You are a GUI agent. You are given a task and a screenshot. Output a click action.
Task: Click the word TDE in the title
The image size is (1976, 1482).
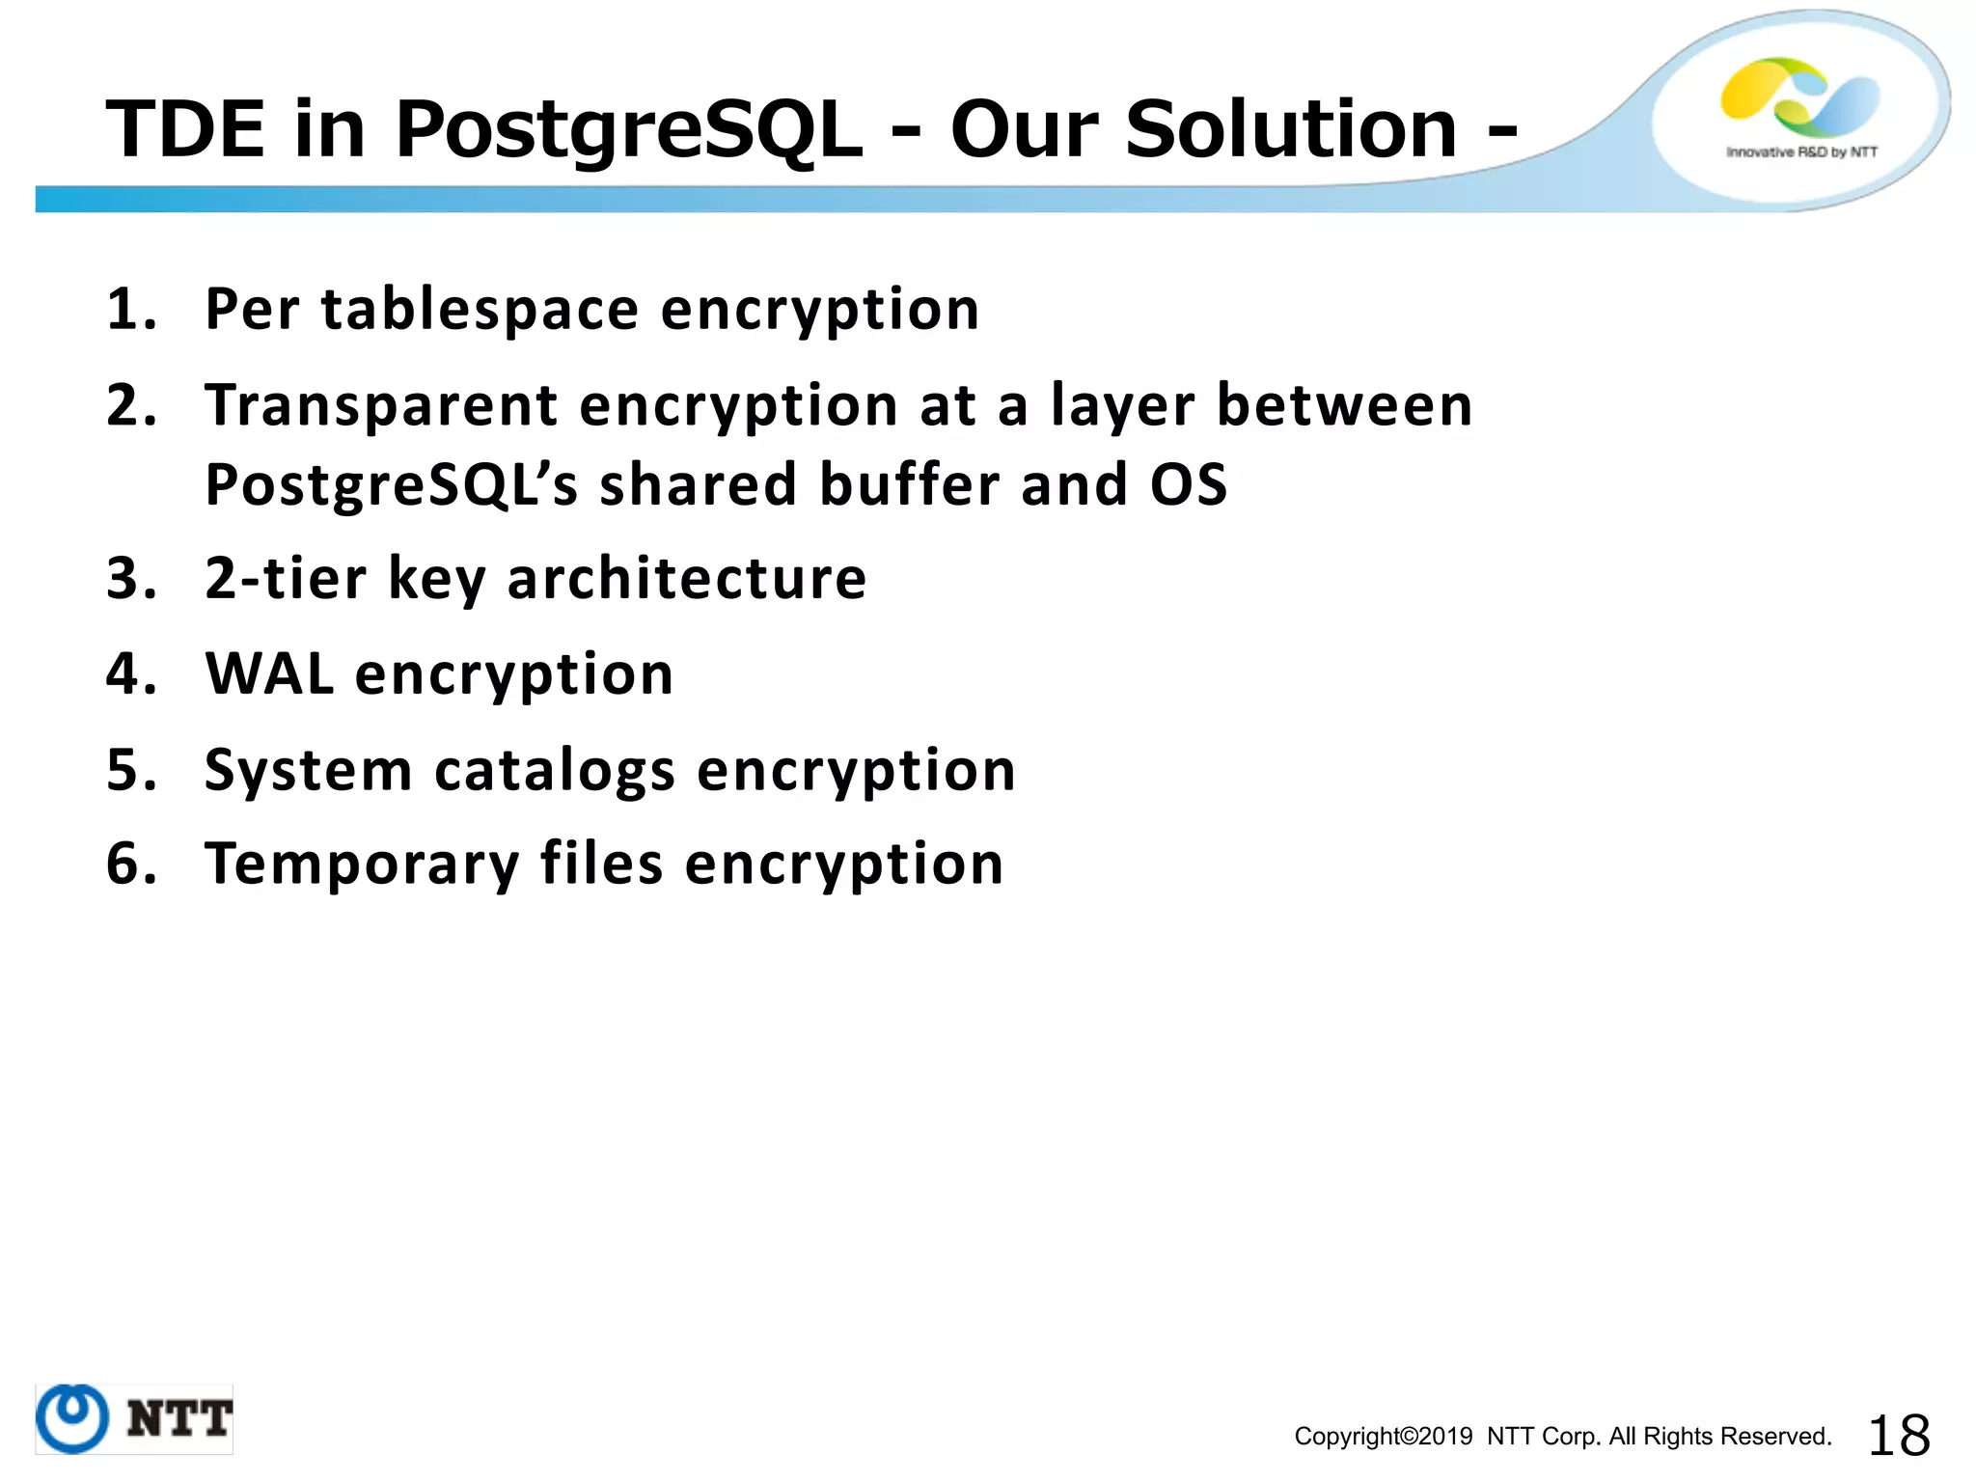(184, 129)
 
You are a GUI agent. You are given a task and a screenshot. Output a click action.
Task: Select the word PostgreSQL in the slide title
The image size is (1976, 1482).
(628, 131)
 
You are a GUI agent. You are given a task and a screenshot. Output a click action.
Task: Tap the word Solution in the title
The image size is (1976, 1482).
(1291, 129)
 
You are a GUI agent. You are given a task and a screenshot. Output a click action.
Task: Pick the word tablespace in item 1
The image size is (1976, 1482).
(480, 310)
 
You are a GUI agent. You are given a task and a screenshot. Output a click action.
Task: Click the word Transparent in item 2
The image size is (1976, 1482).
(381, 405)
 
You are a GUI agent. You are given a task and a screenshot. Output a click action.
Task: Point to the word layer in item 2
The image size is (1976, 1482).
(1122, 405)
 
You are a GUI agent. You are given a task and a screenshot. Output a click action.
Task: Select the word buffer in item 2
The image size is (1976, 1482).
(909, 483)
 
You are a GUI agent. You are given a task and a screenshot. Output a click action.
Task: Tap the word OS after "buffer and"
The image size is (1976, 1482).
(1189, 483)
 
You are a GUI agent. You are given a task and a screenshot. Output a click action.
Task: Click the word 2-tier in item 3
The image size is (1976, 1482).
(286, 578)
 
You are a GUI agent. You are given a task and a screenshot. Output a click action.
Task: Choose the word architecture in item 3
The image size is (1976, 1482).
(687, 578)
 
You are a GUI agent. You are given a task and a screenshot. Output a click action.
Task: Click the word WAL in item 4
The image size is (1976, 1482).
(270, 673)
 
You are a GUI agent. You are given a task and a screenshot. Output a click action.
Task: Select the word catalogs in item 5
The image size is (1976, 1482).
(555, 770)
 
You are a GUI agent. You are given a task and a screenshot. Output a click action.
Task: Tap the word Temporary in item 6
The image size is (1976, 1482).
(362, 864)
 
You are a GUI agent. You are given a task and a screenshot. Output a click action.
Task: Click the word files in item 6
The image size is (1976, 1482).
(601, 863)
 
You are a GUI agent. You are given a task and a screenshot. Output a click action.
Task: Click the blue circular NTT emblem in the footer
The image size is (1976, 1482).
(72, 1418)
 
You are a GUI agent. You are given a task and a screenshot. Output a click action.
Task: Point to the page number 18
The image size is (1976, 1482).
(1899, 1436)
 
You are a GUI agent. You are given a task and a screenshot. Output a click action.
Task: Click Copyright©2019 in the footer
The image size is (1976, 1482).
(1383, 1437)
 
